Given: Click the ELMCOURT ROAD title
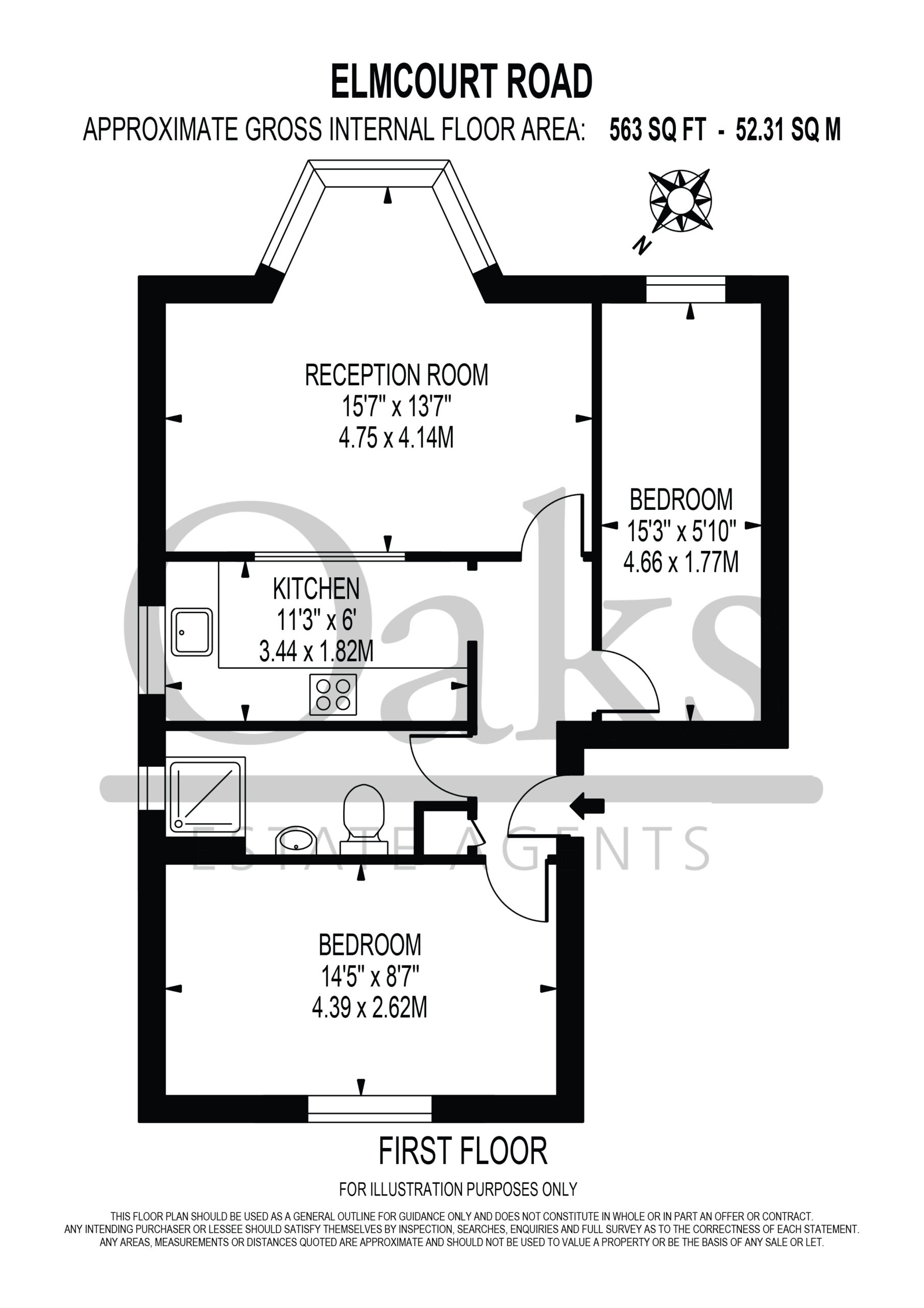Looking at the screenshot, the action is (x=461, y=81).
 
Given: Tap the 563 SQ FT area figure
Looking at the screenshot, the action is (x=658, y=130).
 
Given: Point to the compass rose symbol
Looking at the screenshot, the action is (x=680, y=200).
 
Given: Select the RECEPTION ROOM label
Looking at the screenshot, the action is (x=396, y=375).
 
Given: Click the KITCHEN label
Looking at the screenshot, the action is (x=316, y=589).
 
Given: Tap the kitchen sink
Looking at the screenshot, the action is (x=192, y=632).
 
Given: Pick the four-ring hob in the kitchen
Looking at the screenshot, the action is (x=333, y=694).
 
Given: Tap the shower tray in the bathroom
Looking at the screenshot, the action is (x=206, y=797).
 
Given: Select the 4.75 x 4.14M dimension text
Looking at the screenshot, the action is (x=396, y=439).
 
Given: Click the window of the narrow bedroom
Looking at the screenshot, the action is (x=686, y=289).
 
